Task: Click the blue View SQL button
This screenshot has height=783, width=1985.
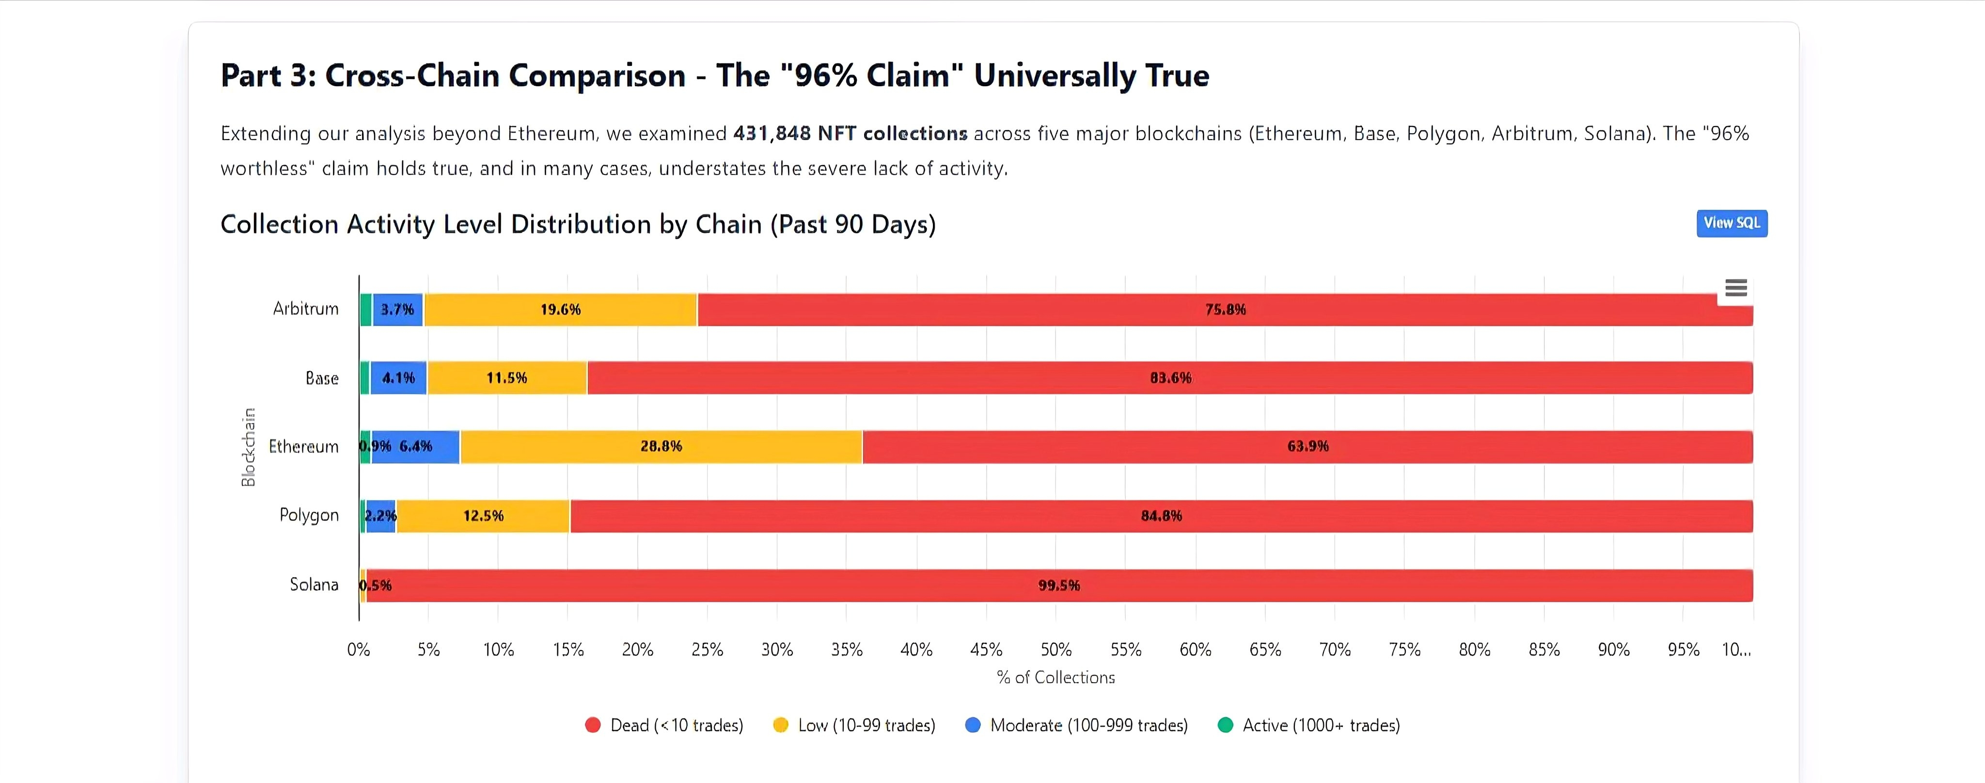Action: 1732,223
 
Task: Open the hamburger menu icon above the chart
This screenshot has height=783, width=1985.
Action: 1735,288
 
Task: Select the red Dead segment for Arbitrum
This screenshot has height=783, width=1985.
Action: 1225,310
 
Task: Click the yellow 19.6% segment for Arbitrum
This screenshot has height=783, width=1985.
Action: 560,310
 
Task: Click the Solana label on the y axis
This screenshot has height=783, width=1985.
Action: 314,585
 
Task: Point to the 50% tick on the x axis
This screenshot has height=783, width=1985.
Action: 1056,650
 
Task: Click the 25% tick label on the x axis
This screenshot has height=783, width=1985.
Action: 707,650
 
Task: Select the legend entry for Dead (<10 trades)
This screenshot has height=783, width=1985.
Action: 664,725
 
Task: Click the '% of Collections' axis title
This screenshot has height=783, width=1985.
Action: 1056,677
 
